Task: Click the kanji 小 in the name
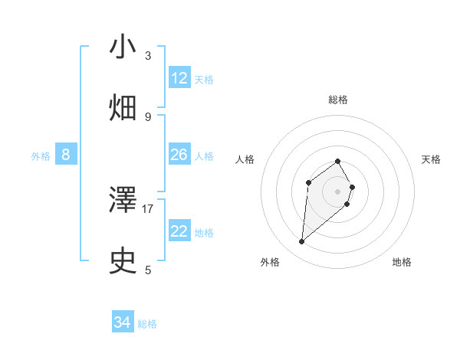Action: [x=123, y=47]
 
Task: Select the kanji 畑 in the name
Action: [x=123, y=108]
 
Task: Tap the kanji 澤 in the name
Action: [x=123, y=200]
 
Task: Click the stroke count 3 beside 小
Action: [x=148, y=56]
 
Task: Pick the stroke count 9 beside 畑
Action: [x=148, y=117]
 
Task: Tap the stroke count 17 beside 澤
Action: [x=148, y=208]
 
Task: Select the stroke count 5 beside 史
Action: [x=148, y=270]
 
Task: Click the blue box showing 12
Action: [x=179, y=78]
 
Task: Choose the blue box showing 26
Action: [x=179, y=155]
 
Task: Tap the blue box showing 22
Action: [x=179, y=231]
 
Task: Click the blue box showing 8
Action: [x=66, y=155]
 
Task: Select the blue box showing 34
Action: [x=123, y=322]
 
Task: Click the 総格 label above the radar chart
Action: [x=338, y=100]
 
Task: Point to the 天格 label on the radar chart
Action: [x=432, y=159]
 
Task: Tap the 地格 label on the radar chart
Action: [x=402, y=262]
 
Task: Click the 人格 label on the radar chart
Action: [x=245, y=159]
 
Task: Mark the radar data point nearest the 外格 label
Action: [x=302, y=242]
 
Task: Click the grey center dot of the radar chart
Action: [x=338, y=191]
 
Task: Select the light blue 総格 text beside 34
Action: [x=147, y=324]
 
